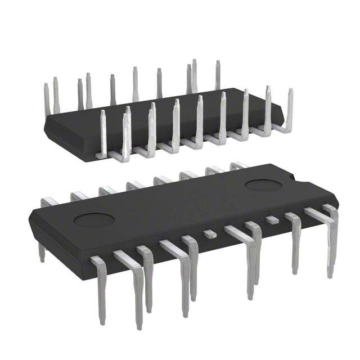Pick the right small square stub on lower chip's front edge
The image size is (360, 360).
(x=272, y=218)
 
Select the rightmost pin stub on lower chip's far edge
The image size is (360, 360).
(x=238, y=165)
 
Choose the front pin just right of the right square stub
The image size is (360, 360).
(x=294, y=236)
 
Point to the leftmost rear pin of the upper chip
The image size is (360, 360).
(x=47, y=96)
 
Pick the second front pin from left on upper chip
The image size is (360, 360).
(x=126, y=129)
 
